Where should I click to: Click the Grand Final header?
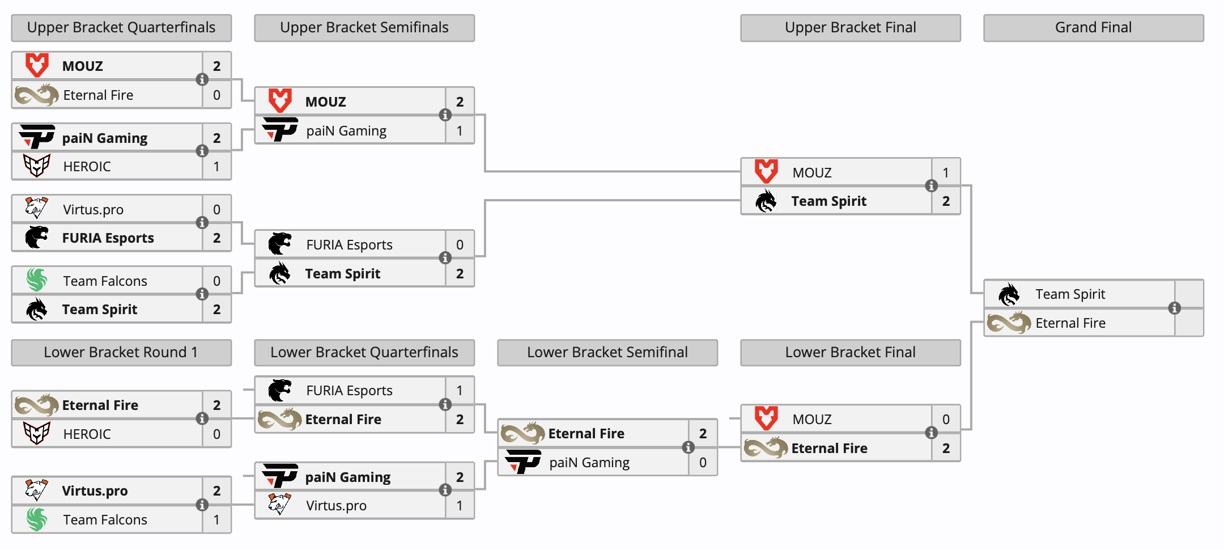(x=1093, y=28)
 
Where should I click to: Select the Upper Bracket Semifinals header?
(x=364, y=28)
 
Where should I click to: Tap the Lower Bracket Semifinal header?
(x=607, y=353)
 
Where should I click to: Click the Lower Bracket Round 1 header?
(x=121, y=353)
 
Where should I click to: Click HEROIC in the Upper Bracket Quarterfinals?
(x=87, y=167)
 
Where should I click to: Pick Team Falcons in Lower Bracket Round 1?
(x=105, y=520)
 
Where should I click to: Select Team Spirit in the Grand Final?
(x=1070, y=294)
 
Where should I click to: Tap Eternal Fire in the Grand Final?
(x=1070, y=323)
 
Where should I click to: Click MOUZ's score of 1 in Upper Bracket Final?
(x=946, y=172)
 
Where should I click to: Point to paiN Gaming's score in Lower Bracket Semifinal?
(x=703, y=463)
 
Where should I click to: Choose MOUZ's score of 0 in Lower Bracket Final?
(x=946, y=420)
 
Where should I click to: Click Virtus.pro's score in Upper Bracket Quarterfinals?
(x=216, y=210)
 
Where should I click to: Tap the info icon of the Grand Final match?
(x=1175, y=308)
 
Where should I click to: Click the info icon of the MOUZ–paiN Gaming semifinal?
(x=445, y=115)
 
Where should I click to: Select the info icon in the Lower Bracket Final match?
(x=931, y=433)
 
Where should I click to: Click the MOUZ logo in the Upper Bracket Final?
(x=766, y=171)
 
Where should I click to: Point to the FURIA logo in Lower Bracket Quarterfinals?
(x=280, y=390)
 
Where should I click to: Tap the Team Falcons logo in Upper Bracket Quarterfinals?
(x=37, y=280)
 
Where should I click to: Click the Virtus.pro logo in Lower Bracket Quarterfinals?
(x=279, y=504)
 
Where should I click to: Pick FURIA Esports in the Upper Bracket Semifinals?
(x=350, y=245)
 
